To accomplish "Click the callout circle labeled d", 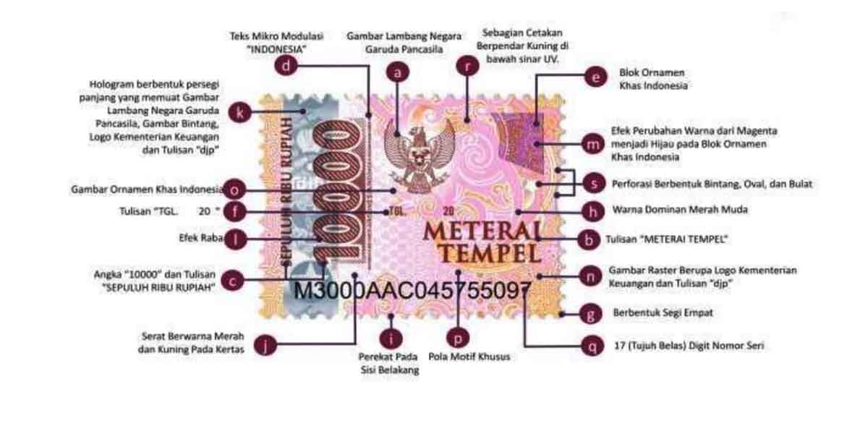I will click(x=288, y=67).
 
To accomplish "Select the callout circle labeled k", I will click(x=239, y=112).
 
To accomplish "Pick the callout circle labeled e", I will click(x=595, y=77).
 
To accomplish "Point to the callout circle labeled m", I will click(x=592, y=144).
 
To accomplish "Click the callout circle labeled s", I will click(x=593, y=184).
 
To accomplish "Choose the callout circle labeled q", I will click(x=593, y=346).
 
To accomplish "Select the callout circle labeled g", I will click(x=592, y=314).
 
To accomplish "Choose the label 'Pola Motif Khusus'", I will click(x=469, y=357).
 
